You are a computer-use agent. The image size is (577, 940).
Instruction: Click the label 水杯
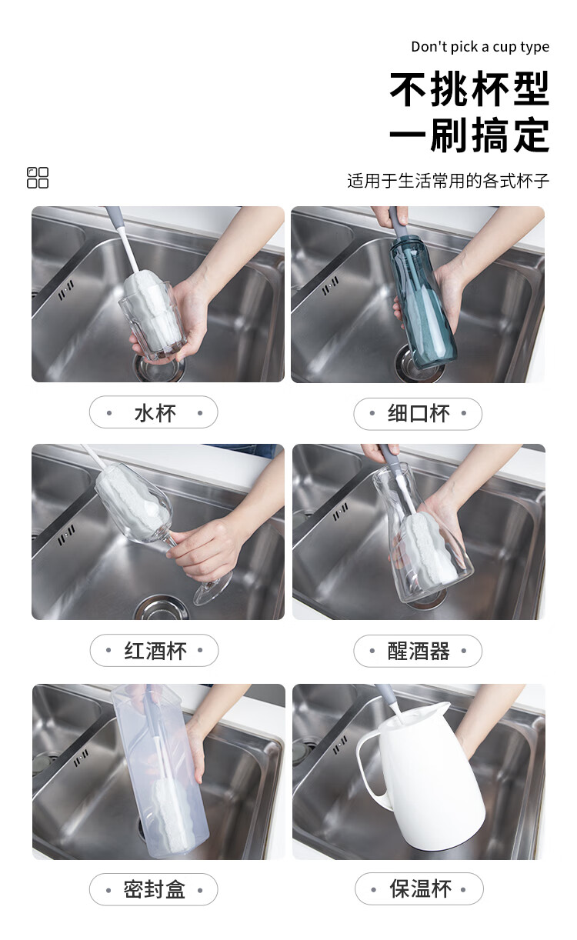155,413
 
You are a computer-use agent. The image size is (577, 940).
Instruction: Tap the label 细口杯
419,413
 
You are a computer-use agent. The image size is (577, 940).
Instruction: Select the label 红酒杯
155,651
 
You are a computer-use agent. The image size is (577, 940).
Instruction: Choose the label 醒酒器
419,651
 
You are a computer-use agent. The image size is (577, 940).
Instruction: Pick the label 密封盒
154,888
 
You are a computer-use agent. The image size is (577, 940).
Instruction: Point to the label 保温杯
421,888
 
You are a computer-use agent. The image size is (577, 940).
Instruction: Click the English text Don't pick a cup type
480,47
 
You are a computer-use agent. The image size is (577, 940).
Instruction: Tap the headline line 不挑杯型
469,89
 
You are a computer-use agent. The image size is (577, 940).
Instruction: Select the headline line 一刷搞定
469,135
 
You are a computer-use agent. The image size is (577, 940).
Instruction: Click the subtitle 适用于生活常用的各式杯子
449,181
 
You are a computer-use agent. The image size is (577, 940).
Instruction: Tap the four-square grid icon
38,178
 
